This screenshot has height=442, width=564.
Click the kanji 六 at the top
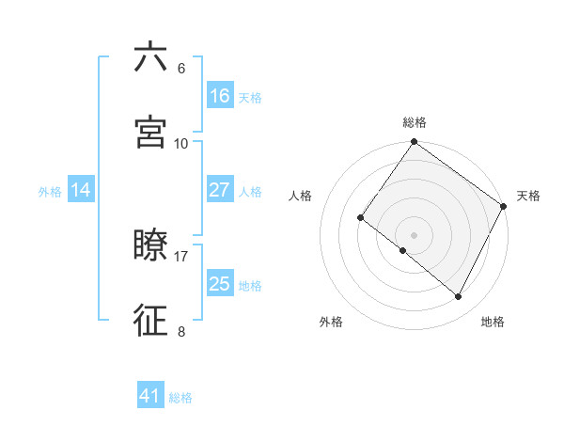[x=150, y=57]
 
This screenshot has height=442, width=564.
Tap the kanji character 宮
[x=150, y=133]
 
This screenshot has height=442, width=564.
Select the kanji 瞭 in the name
[x=150, y=246]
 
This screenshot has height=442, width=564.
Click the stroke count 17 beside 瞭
[x=181, y=256]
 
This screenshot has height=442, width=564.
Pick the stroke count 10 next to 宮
[x=181, y=143]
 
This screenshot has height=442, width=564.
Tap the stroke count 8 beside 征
[x=181, y=331]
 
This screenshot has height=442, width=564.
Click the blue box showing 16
[x=220, y=96]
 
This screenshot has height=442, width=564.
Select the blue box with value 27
[x=220, y=190]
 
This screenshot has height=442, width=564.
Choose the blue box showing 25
[x=220, y=284]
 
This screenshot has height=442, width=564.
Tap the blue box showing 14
[x=81, y=190]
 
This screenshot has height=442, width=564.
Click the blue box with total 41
[x=150, y=396]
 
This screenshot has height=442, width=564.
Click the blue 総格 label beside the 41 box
[x=180, y=398]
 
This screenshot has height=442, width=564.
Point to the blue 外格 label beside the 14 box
[x=50, y=192]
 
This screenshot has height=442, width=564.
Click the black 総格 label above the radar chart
[x=415, y=122]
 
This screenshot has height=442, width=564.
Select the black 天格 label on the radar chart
[x=528, y=196]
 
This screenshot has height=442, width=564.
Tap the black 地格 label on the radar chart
[x=493, y=322]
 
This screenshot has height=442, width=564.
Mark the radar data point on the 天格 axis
[x=504, y=206]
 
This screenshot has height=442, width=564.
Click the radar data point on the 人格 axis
[x=361, y=217]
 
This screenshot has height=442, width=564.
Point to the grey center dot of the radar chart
[x=415, y=234]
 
